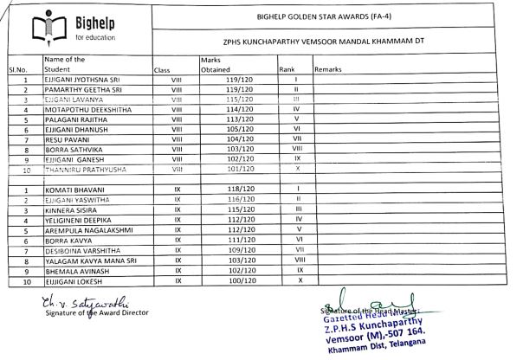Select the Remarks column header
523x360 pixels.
tap(329, 68)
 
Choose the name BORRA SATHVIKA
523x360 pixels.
tap(73, 149)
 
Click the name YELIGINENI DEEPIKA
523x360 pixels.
tap(80, 220)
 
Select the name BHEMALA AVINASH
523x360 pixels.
tap(75, 271)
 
